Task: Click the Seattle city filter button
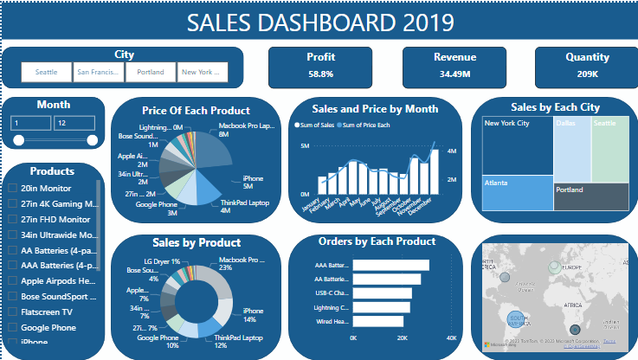46,73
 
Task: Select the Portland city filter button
150,73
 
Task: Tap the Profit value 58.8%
321,74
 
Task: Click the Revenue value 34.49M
454,74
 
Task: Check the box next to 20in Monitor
12,189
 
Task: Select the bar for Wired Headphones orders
377,321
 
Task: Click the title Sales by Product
196,242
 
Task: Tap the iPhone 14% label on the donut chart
253,315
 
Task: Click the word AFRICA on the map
571,305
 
